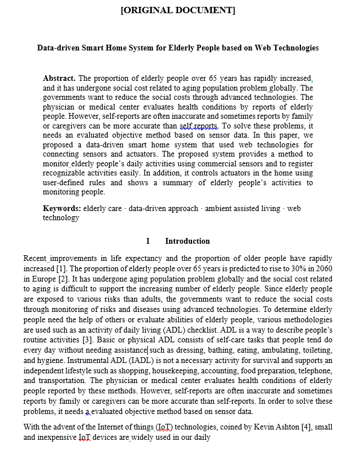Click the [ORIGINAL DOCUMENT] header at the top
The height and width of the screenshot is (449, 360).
[178, 10]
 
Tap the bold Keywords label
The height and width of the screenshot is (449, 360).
[61, 209]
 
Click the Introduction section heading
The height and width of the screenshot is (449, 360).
[187, 241]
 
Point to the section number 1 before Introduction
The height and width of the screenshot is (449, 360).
[148, 241]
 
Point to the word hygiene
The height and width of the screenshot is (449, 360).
[52, 360]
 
